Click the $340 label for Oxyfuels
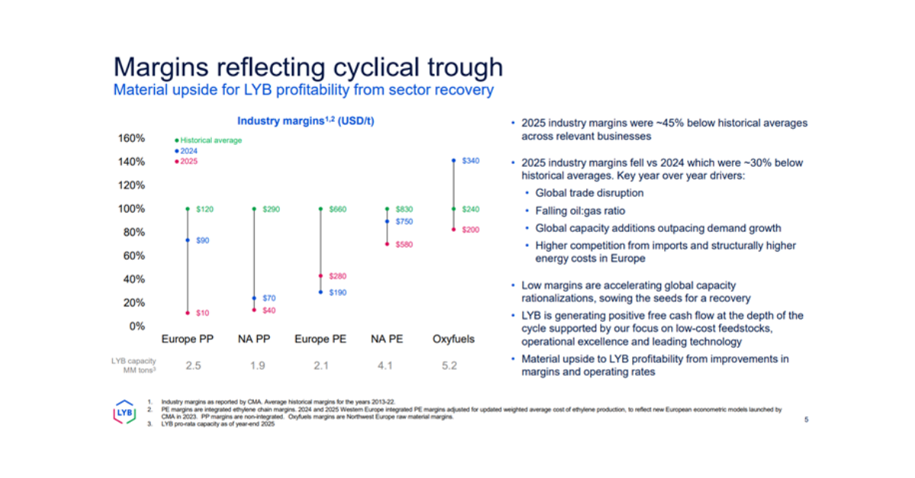(x=470, y=161)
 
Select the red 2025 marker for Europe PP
(x=187, y=313)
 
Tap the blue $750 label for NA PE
(x=404, y=221)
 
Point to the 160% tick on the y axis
(x=130, y=138)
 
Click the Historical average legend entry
(x=210, y=140)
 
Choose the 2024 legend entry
(x=188, y=151)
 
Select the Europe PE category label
(x=320, y=339)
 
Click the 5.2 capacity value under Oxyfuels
(x=449, y=366)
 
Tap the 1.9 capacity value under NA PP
(x=257, y=366)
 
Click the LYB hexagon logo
(x=124, y=412)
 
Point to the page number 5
(x=807, y=419)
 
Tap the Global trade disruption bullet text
(x=589, y=193)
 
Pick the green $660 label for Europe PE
(x=338, y=209)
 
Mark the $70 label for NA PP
(x=271, y=298)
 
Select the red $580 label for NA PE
(x=404, y=244)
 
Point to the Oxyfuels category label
(x=453, y=339)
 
